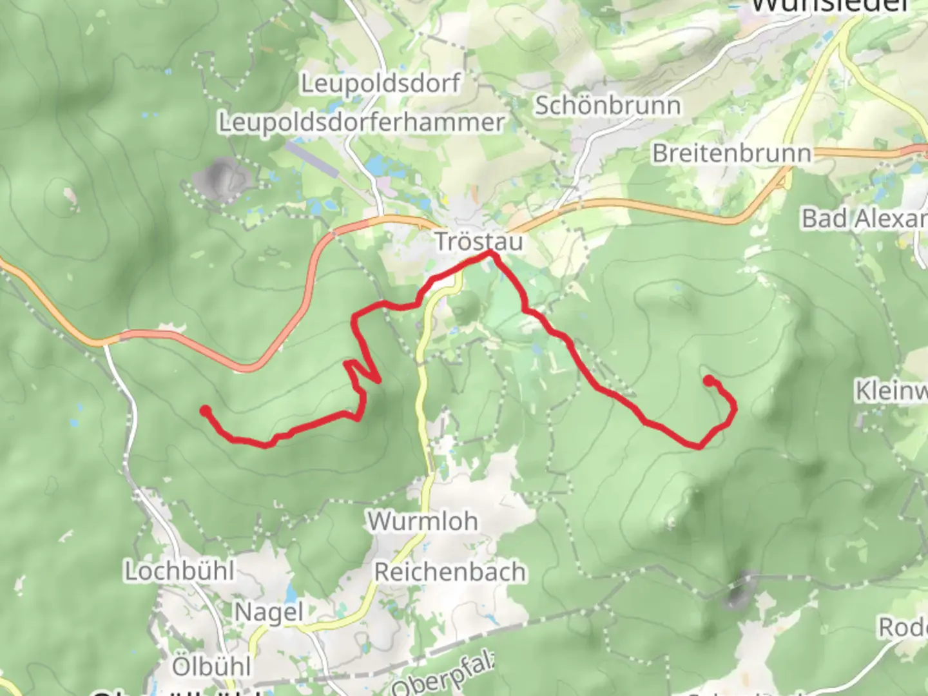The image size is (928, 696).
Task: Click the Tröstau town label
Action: coord(478,242)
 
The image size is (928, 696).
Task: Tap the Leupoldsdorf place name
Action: coord(381,83)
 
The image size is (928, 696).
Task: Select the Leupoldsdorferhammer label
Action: coord(361,122)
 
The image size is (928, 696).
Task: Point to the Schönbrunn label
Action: coord(607,106)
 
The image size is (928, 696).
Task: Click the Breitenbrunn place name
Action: coord(731,153)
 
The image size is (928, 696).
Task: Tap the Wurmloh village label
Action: coord(423,521)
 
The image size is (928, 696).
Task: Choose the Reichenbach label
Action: coord(450,572)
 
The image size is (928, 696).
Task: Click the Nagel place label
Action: coord(268,612)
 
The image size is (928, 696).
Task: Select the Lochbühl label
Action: coord(179,571)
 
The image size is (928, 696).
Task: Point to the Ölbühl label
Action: coord(211,666)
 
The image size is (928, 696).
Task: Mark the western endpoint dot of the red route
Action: coord(205,411)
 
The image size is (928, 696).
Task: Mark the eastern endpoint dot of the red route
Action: coord(709,381)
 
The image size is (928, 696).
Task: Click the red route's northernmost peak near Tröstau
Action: coord(492,255)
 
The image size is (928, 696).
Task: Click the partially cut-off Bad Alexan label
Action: coord(864,219)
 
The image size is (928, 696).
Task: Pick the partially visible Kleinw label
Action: coord(891,391)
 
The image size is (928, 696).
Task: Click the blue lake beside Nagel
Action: coord(291,594)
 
